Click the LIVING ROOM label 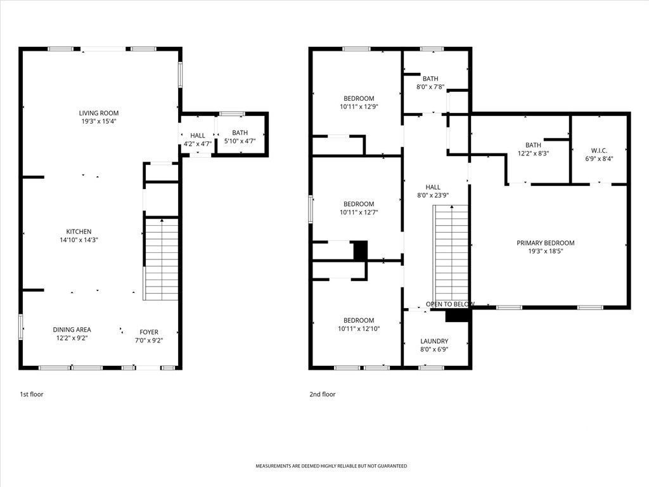[x=98, y=113]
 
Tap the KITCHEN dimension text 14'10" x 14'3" [x=79, y=240]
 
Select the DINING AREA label [x=72, y=330]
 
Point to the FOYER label [x=149, y=332]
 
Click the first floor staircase [x=162, y=259]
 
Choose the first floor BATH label [x=240, y=133]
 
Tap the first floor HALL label [x=198, y=136]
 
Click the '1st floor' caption [x=32, y=394]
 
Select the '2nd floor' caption [x=323, y=394]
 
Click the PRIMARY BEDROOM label [x=546, y=243]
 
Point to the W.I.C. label [x=599, y=151]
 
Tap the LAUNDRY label [x=434, y=341]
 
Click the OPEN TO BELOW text [x=451, y=304]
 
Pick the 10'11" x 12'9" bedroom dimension [x=359, y=107]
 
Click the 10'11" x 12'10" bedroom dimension [x=359, y=329]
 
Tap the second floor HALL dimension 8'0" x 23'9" [x=433, y=195]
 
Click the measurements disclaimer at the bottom [x=331, y=466]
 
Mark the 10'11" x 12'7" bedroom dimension [x=359, y=212]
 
